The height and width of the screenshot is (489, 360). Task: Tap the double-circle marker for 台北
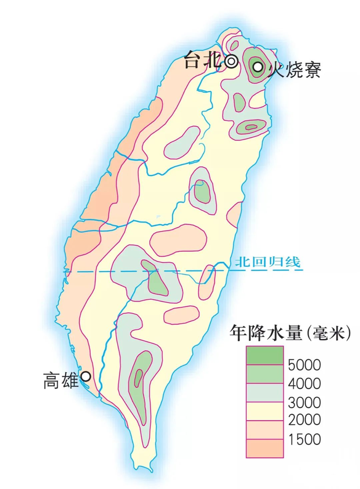click(231, 61)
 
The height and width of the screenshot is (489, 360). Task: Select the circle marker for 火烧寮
click(258, 67)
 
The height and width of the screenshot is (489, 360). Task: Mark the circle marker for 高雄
click(86, 377)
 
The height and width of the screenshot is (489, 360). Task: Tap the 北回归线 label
click(267, 262)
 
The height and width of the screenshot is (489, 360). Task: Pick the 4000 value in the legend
click(304, 383)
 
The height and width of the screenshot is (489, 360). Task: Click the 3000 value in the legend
click(304, 402)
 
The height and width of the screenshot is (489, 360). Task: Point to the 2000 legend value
click(304, 420)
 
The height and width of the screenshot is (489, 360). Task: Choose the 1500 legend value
click(304, 439)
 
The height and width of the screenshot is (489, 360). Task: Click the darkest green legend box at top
click(264, 355)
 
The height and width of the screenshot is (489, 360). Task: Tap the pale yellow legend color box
click(264, 411)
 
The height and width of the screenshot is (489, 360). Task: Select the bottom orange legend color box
click(264, 448)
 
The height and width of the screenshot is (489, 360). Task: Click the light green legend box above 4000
click(264, 374)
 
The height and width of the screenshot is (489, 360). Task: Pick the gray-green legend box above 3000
click(264, 392)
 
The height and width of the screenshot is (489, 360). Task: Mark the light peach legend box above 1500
click(264, 429)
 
